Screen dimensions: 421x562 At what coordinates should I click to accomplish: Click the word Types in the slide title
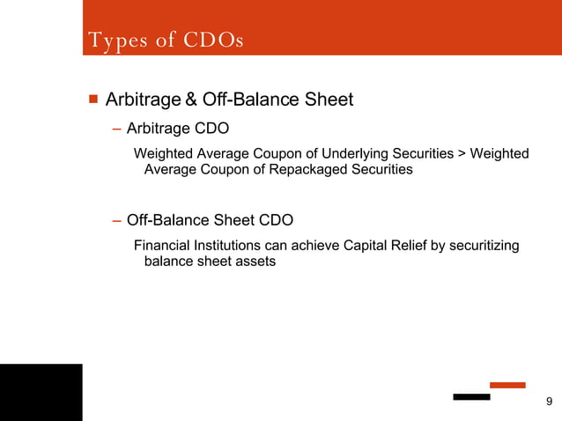112,41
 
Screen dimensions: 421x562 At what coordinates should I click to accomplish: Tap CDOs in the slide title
213,41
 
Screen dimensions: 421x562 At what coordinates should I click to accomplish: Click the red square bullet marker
92,99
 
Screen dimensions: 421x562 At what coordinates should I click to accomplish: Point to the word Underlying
345,154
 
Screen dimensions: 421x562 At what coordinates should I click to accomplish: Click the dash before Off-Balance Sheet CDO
117,219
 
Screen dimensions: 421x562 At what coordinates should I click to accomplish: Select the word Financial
166,246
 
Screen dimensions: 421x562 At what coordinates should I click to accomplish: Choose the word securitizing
484,246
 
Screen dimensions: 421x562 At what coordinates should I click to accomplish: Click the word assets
255,262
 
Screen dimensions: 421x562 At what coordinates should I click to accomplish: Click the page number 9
550,403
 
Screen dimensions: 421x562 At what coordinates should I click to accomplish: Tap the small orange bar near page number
507,385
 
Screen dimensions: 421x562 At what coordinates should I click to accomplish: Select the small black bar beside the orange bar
471,397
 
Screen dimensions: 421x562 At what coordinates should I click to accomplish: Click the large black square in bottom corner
41,392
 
